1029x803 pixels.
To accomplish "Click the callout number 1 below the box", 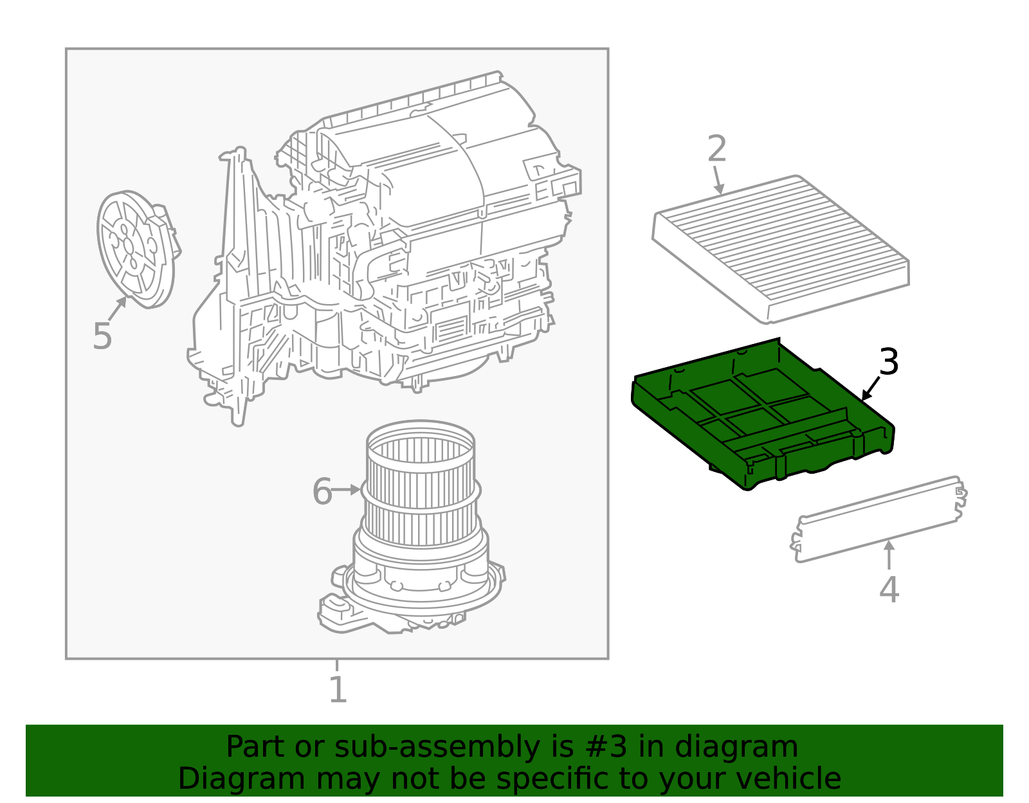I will coord(338,690).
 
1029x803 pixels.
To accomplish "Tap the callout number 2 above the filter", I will coord(716,149).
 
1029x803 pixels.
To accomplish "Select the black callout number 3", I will coord(888,362).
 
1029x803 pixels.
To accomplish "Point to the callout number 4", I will coord(888,590).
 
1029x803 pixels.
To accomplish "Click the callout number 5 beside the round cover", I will coord(102,336).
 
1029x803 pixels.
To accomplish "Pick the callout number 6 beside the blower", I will coord(322,492).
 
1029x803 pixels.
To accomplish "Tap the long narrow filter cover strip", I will coord(878,519).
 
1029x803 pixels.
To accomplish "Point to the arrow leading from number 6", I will coord(347,490).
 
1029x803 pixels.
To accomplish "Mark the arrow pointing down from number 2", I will coord(718,181).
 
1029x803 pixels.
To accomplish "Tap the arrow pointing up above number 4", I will coord(888,555).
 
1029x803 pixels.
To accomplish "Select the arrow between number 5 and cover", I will coord(118,309).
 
